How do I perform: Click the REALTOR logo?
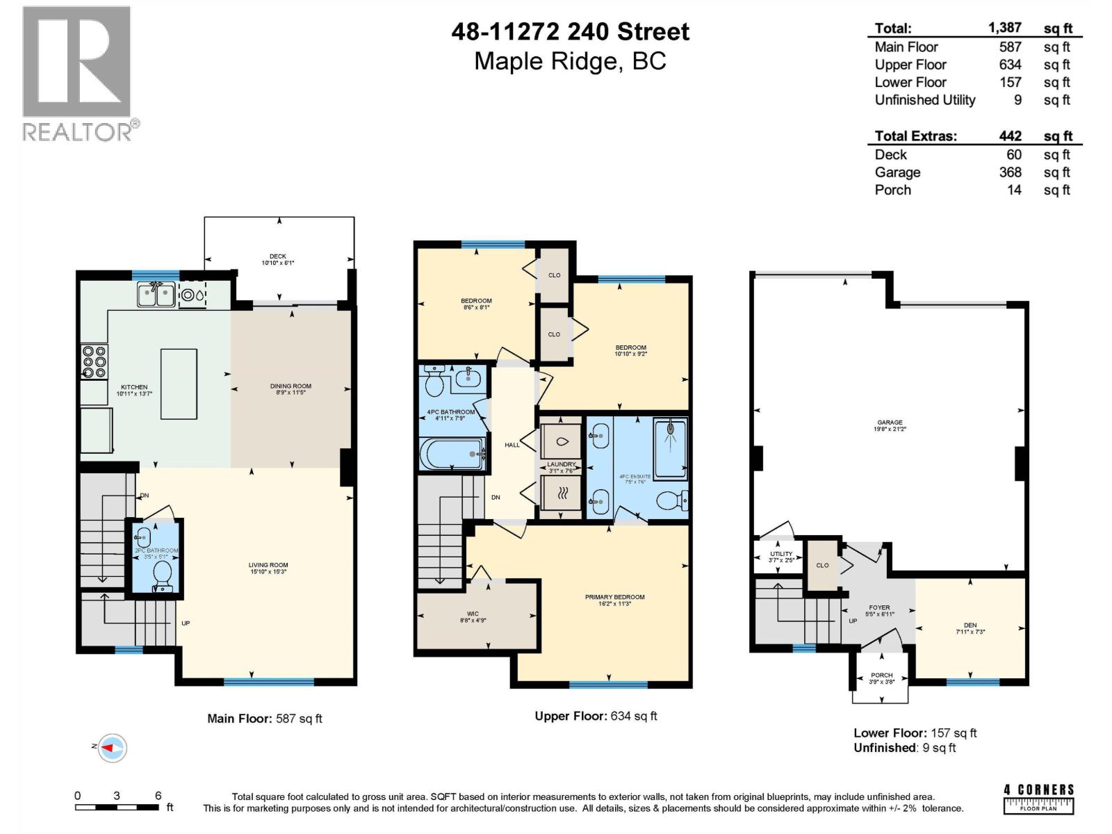coord(76,73)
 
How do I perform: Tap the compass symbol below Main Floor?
coord(112,748)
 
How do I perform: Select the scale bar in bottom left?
coord(118,807)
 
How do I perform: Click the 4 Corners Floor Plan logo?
coord(1038,799)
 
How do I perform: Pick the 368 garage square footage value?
coord(1010,172)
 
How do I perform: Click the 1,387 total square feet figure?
coord(1004,28)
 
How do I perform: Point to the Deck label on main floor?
coord(278,256)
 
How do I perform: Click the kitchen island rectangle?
coord(179,384)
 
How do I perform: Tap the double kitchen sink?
coord(156,295)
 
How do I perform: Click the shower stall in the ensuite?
coord(671,448)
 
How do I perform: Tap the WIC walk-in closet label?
coord(473,614)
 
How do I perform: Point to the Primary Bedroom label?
coord(614,597)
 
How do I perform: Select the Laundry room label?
coord(561,464)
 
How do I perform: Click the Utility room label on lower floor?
coord(781,554)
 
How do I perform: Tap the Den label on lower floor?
coord(970,625)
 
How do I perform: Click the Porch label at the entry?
coord(881,675)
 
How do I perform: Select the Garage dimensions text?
coord(890,430)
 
